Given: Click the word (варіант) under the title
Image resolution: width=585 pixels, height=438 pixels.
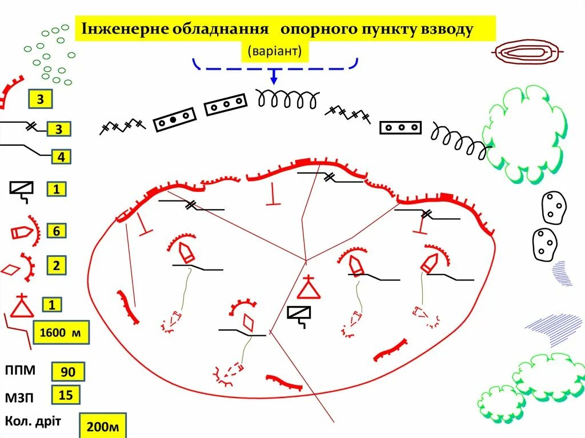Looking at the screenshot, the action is point(274,51).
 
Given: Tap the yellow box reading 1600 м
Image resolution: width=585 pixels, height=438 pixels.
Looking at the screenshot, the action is point(61,333).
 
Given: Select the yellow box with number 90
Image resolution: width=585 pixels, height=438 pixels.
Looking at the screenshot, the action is point(68,372).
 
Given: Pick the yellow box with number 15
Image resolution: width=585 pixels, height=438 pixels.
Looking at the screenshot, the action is point(66,395).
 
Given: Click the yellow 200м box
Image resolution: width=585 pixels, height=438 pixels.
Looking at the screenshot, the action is point(103,426).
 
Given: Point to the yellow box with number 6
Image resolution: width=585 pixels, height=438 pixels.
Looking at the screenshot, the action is point(57,231).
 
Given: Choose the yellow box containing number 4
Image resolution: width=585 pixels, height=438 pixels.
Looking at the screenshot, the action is point(59,156).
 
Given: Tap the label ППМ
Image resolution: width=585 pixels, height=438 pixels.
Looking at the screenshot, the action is point(21,369).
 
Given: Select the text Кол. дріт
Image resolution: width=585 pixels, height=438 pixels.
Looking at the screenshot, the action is point(33,421).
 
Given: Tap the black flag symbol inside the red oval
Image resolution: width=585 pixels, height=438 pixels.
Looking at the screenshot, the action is point(299,316).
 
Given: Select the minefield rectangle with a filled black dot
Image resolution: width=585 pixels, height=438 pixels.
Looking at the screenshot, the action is point(175,120).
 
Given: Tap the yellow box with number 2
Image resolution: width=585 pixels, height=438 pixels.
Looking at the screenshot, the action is point(57,266).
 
